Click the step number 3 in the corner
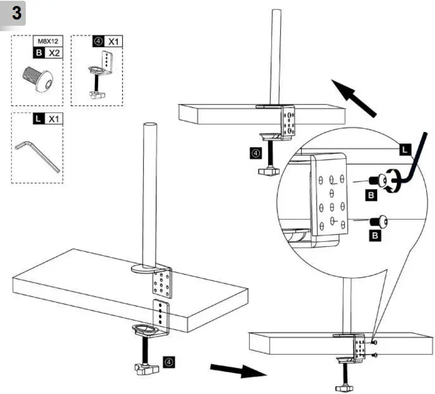17,13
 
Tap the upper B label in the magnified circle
373,195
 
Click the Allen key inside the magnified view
416,163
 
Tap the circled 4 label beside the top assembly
254,153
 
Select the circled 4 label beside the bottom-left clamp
169,362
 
